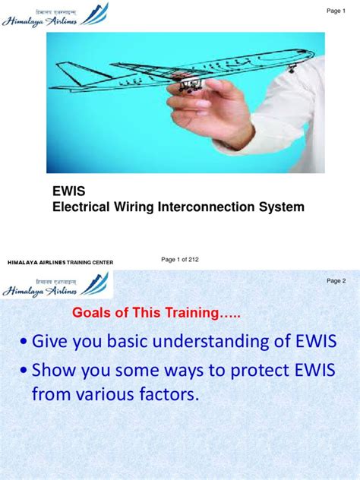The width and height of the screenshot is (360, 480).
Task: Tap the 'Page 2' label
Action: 336,281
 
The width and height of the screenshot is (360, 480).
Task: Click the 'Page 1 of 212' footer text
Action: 180,260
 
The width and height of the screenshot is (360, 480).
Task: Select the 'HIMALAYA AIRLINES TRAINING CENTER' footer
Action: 60,262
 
